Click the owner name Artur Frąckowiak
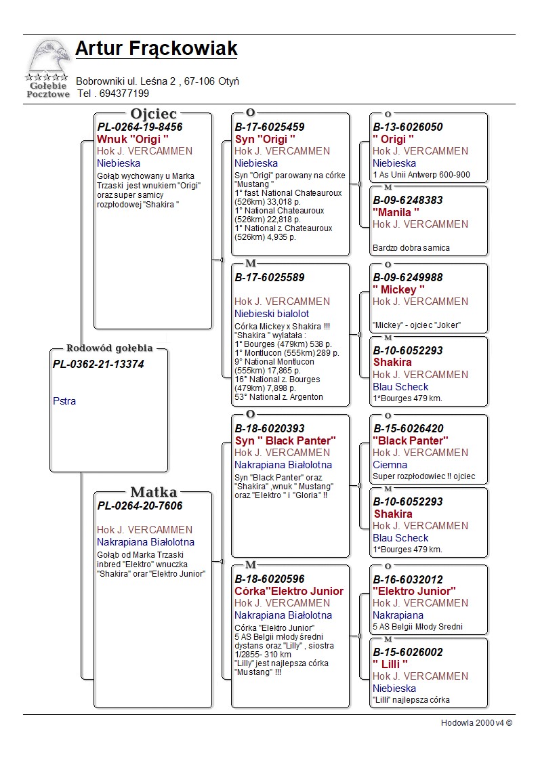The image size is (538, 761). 157,49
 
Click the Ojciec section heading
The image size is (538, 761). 153,113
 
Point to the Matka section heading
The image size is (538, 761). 153,492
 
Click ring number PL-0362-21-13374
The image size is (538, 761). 98,365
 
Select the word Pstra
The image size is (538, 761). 64,401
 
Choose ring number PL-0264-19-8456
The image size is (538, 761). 140,127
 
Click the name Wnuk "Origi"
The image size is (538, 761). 133,139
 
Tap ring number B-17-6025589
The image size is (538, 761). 270,277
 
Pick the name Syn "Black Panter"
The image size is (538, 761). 285,441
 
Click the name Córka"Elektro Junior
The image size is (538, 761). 289,591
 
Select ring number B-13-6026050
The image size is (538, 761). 408,127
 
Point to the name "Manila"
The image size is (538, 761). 396,212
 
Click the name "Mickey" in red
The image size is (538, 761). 399,289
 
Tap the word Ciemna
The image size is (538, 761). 390,465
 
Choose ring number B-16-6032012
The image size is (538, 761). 408,579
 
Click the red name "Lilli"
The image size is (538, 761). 390,664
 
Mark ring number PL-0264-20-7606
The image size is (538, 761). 140,506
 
